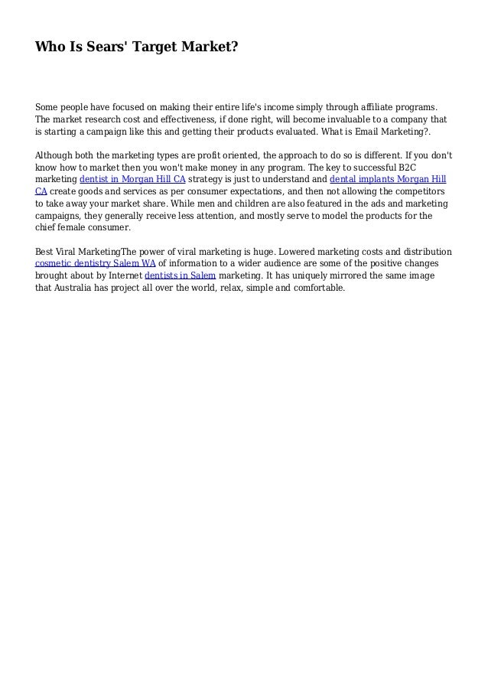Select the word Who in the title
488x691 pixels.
pos(50,48)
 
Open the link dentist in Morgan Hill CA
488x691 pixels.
pos(132,180)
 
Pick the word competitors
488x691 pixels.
pos(414,192)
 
